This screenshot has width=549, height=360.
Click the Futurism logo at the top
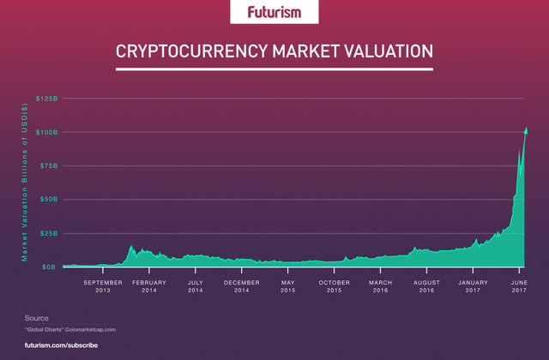(x=274, y=12)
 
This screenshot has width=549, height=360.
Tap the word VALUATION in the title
(x=383, y=51)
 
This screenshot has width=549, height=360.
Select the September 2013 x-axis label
(x=102, y=286)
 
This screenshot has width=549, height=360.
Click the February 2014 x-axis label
(x=149, y=286)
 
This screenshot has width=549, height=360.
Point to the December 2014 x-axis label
(x=242, y=286)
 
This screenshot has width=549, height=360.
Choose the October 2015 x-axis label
(x=335, y=286)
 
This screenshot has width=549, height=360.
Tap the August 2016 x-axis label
(x=427, y=286)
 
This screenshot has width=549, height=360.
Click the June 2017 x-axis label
(x=519, y=286)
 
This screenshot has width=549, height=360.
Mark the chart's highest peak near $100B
(x=526, y=129)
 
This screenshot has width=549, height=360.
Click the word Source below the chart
(x=36, y=318)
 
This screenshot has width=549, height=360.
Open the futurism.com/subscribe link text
(x=61, y=345)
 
